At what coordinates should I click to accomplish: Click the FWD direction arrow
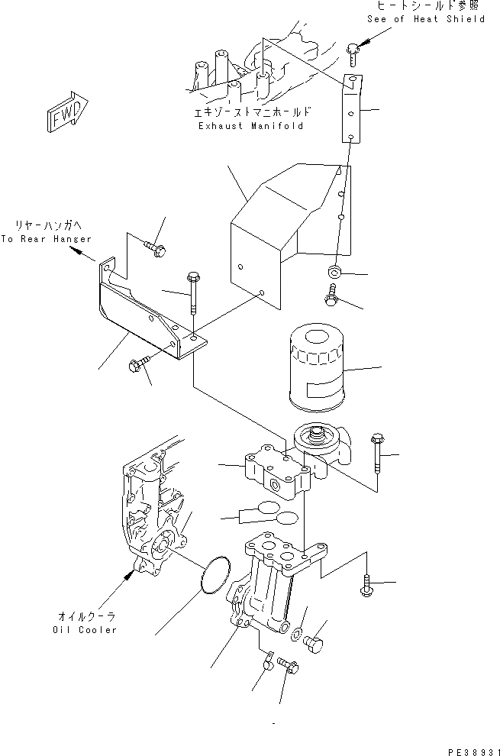(x=65, y=113)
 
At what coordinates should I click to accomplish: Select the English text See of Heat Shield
(x=426, y=19)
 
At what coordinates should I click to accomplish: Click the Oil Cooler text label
(x=85, y=630)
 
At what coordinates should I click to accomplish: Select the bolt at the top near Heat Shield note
(x=352, y=53)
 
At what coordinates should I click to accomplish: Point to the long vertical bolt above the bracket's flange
(x=192, y=293)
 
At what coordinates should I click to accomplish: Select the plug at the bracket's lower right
(x=314, y=647)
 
